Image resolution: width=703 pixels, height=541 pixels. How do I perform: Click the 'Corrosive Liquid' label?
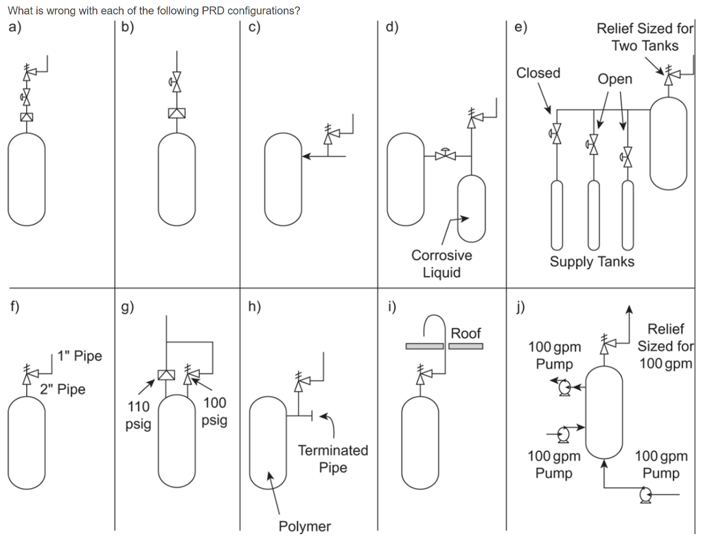[441, 264]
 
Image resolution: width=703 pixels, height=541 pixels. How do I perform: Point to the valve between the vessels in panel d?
[446, 155]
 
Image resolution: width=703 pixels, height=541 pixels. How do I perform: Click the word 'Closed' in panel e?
[538, 73]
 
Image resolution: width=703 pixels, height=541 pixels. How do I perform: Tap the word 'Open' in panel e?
[614, 79]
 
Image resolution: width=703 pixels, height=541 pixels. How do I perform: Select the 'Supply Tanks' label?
[592, 262]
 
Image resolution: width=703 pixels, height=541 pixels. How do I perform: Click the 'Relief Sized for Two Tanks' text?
[645, 37]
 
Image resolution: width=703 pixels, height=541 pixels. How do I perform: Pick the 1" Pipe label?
[80, 356]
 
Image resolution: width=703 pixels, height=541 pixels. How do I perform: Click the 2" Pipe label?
[62, 389]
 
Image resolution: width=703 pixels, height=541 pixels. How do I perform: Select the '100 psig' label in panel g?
[214, 411]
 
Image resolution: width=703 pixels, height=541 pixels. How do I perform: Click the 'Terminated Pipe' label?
[333, 459]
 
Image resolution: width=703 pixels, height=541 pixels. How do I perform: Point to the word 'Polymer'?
[304, 527]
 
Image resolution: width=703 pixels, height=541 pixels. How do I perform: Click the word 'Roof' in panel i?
[465, 333]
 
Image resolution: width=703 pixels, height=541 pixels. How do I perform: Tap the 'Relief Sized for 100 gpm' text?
[665, 345]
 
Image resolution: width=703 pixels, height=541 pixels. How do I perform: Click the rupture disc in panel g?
[165, 375]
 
